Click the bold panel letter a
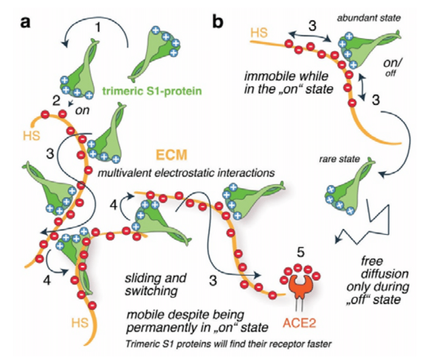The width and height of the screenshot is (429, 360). tap(26, 22)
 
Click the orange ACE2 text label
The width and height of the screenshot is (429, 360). tap(299, 323)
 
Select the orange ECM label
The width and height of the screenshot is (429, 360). tap(171, 155)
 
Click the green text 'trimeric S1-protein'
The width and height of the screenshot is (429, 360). tap(152, 91)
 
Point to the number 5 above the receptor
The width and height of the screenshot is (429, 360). tap(300, 252)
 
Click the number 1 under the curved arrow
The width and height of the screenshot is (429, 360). tap(97, 28)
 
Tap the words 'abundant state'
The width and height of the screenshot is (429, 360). tap(369, 18)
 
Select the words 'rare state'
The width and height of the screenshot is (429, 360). tap(339, 159)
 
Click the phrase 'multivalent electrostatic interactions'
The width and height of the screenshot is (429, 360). tap(186, 173)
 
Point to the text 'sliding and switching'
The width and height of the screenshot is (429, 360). tap(156, 284)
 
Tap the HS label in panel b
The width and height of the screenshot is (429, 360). tap(259, 33)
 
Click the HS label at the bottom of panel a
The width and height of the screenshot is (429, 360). tap(80, 323)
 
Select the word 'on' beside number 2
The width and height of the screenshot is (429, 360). tap(82, 110)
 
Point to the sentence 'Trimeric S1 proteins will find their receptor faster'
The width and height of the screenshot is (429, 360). tap(229, 344)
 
